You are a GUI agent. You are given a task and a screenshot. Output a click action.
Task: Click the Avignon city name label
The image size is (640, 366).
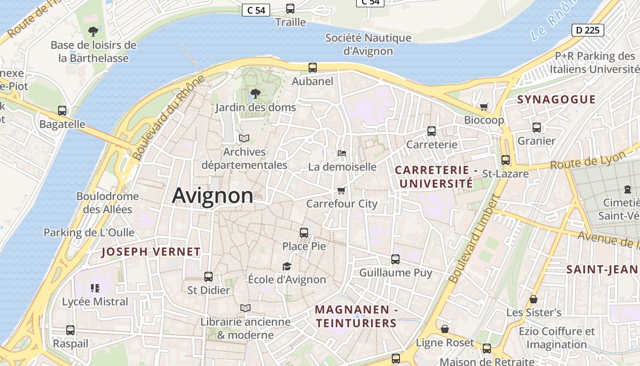[x=213, y=196]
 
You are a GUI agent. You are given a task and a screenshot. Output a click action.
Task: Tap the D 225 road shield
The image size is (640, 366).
[x=587, y=30]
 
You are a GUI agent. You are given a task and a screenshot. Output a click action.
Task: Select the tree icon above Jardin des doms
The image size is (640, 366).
[x=256, y=94]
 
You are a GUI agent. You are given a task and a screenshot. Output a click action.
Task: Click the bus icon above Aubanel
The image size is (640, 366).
[x=313, y=68]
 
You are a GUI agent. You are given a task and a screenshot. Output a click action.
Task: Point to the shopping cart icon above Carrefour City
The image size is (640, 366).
[x=341, y=190]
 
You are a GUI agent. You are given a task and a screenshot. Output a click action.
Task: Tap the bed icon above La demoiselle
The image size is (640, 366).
[x=341, y=153]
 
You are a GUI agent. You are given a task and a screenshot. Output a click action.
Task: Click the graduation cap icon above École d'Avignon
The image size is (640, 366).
[x=287, y=266]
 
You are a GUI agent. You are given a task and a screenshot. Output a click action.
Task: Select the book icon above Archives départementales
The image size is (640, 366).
[x=245, y=138]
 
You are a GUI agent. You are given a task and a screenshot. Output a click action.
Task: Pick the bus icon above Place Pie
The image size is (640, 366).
[x=304, y=232]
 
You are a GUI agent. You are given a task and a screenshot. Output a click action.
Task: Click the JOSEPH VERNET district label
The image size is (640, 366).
[x=151, y=252]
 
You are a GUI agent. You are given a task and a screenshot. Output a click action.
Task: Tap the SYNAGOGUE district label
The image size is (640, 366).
[x=556, y=99]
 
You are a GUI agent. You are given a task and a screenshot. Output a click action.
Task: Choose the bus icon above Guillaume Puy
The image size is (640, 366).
[x=395, y=259]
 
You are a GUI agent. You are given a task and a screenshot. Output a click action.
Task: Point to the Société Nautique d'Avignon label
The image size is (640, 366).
[x=368, y=44]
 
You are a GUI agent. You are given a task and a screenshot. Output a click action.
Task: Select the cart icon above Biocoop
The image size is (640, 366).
[x=484, y=107]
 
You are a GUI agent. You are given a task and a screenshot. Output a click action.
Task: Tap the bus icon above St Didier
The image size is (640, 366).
[x=208, y=276]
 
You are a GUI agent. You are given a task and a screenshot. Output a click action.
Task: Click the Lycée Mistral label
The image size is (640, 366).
[x=95, y=301]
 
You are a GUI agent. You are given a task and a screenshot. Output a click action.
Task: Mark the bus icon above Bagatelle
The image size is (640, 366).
[x=62, y=111]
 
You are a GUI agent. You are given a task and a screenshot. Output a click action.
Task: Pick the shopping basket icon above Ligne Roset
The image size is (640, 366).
[x=445, y=329]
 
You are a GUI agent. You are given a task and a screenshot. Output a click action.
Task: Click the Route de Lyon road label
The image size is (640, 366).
[x=588, y=160]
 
